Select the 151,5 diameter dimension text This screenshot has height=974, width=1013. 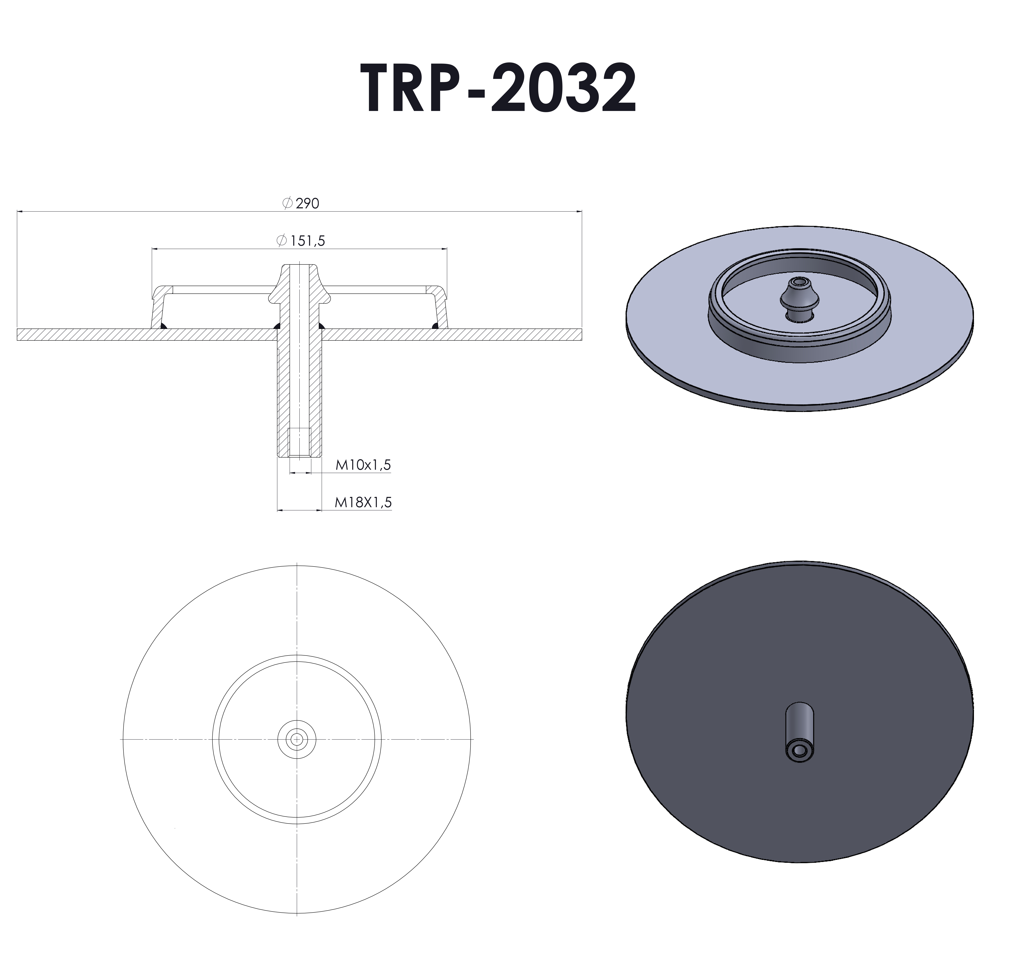pyautogui.click(x=308, y=241)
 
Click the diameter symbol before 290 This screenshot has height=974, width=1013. pyautogui.click(x=288, y=203)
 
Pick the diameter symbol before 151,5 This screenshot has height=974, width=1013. pyautogui.click(x=282, y=240)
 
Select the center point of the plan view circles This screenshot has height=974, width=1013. pyautogui.click(x=297, y=740)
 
